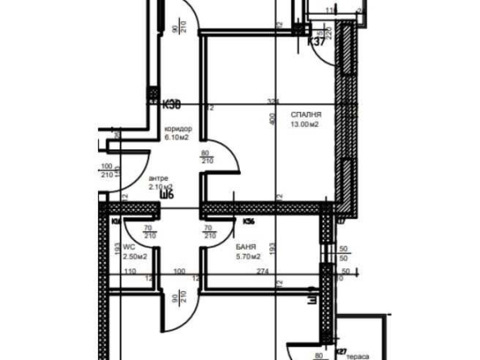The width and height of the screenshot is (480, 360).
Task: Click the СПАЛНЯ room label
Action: click(304, 115)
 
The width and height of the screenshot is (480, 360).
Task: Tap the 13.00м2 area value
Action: click(305, 125)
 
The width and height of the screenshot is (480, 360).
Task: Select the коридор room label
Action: click(178, 130)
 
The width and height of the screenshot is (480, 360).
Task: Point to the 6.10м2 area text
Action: click(176, 138)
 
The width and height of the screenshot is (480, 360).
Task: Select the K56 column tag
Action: click(250, 220)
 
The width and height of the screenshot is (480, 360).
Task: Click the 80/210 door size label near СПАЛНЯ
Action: click(207, 156)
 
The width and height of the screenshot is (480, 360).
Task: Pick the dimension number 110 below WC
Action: click(131, 271)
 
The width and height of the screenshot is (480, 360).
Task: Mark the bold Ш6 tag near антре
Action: click(168, 194)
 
